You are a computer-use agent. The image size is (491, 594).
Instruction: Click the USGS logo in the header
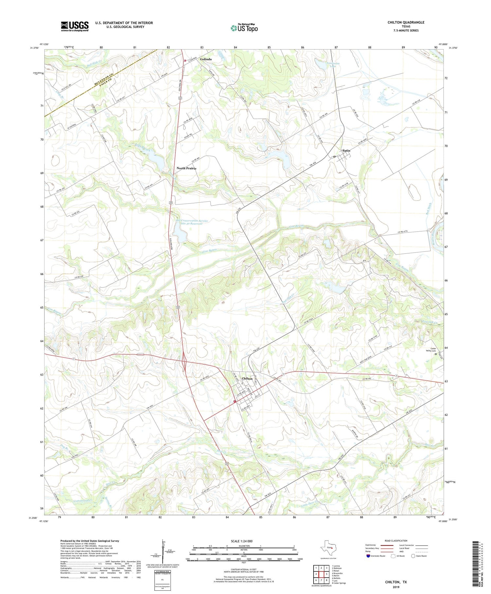[x=75, y=26]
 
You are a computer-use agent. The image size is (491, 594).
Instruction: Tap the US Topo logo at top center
[x=244, y=28]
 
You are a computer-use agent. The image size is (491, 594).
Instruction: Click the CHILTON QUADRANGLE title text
[x=406, y=22]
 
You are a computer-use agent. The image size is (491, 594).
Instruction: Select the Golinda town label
[x=206, y=59]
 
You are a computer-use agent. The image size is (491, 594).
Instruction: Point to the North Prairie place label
[x=186, y=168]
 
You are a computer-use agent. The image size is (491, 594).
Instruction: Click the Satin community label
[x=346, y=151]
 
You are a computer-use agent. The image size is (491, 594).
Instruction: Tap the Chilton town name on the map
[x=247, y=378]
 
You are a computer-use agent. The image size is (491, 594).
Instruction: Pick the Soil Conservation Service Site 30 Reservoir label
[x=191, y=222]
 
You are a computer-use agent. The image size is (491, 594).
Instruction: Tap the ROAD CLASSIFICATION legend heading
[x=396, y=541]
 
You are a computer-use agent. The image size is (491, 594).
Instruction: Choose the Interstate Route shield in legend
[x=368, y=556]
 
